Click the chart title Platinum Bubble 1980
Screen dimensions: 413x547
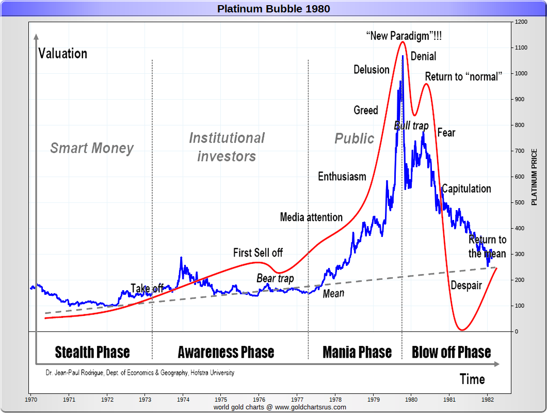273,9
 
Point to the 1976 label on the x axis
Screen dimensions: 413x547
259,399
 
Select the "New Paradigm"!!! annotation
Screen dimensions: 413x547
404,36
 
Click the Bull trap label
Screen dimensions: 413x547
411,125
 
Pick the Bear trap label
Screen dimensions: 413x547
275,279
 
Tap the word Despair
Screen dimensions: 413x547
466,285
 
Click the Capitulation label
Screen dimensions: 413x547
466,189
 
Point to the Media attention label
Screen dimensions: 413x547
311,217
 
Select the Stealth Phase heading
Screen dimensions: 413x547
92,353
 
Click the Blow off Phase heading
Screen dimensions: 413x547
451,353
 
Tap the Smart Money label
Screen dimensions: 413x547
92,149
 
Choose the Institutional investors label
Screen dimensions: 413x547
227,147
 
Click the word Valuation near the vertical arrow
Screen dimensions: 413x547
62,54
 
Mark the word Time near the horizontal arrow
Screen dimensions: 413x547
472,379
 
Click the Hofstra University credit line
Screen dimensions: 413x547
139,373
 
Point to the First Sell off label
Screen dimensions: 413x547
258,253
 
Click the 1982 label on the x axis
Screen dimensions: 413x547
487,399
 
